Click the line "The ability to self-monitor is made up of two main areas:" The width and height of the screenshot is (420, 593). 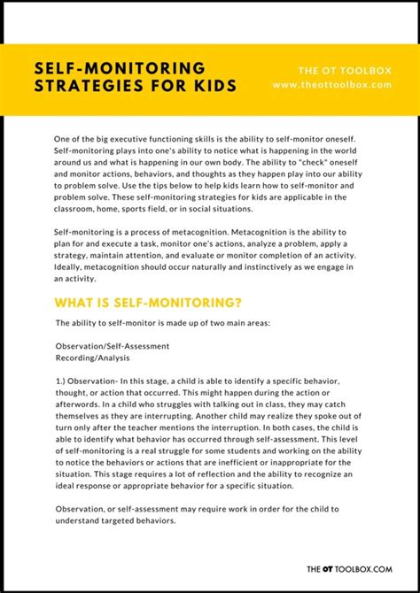click(168, 323)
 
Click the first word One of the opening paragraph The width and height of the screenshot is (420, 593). click(63, 140)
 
